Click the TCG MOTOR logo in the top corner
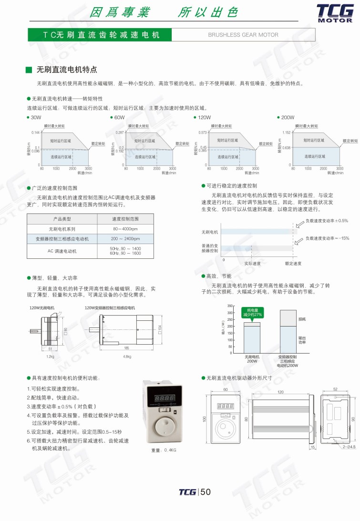pyautogui.click(x=335, y=12)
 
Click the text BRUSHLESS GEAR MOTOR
pyautogui.click(x=243, y=35)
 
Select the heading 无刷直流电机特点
pyautogui.click(x=67, y=70)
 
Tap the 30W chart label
pyautogui.click(x=36, y=117)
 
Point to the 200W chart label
pyautogui.click(x=288, y=117)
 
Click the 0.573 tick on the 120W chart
pyautogui.click(x=203, y=133)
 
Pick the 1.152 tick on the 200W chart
pyautogui.click(x=286, y=133)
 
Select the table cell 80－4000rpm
pyautogui.click(x=125, y=229)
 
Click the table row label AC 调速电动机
pyautogui.click(x=62, y=251)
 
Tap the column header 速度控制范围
pyautogui.click(x=125, y=219)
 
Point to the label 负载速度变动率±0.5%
pyautogui.click(x=327, y=221)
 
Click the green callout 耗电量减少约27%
pyautogui.click(x=252, y=313)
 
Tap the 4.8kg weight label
pyautogui.click(x=127, y=357)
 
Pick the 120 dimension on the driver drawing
pyautogui.click(x=280, y=391)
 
